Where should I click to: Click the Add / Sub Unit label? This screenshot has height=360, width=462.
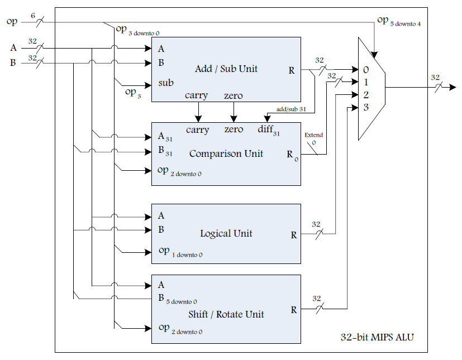click(226, 69)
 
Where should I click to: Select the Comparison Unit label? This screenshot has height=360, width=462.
click(226, 153)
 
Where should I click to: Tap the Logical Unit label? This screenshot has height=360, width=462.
click(226, 233)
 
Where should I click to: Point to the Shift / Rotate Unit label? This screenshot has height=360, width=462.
click(226, 314)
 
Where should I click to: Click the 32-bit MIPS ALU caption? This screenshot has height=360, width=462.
click(377, 338)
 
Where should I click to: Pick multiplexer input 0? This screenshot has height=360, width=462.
click(366, 70)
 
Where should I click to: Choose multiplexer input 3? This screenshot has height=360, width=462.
click(366, 107)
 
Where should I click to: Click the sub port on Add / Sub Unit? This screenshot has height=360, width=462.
click(166, 83)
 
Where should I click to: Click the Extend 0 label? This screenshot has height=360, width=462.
click(313, 138)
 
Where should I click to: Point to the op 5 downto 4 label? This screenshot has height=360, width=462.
click(398, 22)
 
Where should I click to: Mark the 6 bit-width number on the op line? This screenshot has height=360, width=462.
click(33, 15)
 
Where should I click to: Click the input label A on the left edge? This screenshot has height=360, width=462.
click(13, 47)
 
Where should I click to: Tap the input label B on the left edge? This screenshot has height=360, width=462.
click(13, 63)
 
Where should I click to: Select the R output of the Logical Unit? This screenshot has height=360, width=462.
click(294, 235)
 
